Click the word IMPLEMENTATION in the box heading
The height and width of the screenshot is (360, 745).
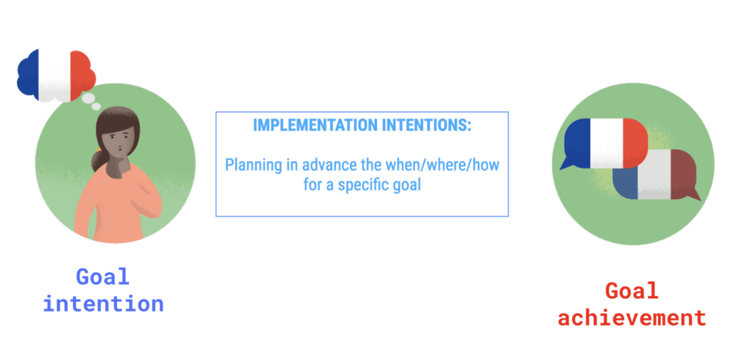coord(315,125)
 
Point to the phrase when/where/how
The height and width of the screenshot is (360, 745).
coord(442,165)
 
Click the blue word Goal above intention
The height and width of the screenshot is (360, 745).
coord(103,277)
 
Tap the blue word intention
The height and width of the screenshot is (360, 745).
coord(103,303)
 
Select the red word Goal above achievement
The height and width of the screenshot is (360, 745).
coord(632,291)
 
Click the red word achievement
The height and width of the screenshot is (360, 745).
coord(632,318)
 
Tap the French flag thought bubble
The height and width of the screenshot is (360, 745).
coord(56,75)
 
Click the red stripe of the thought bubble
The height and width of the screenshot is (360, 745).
coord(82,75)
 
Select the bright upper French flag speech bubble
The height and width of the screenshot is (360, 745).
coord(604,143)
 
